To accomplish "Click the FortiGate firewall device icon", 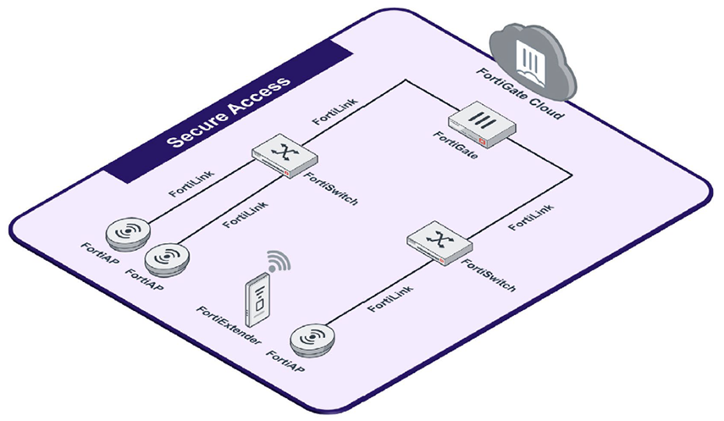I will click(x=478, y=124).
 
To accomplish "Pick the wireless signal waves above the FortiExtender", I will click(x=278, y=260).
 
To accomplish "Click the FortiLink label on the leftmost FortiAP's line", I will click(x=191, y=183).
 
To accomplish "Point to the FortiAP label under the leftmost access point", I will click(x=99, y=252).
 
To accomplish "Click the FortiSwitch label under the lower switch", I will click(x=487, y=275).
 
